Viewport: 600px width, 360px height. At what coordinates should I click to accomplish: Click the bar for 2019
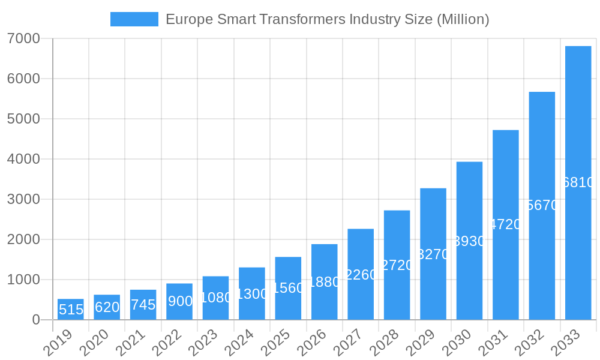coord(71,309)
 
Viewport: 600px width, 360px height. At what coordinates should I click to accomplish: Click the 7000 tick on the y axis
coord(23,38)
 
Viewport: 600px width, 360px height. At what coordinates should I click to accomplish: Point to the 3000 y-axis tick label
coord(23,199)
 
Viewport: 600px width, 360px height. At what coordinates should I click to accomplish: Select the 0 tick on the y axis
coord(36,320)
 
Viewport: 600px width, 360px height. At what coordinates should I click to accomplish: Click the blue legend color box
coord(134,19)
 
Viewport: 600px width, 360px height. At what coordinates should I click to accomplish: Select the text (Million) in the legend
coord(463,19)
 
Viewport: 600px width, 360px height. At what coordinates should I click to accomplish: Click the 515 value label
coord(71,310)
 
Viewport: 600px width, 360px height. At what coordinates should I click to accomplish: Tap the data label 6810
coord(578,183)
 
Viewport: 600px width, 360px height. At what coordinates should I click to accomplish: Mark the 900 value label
coord(179,301)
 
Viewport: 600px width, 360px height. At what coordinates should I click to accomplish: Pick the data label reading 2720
coord(397,265)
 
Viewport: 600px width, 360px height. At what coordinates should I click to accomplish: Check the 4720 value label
coord(505,225)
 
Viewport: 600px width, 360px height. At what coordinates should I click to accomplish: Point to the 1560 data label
coord(288,288)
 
